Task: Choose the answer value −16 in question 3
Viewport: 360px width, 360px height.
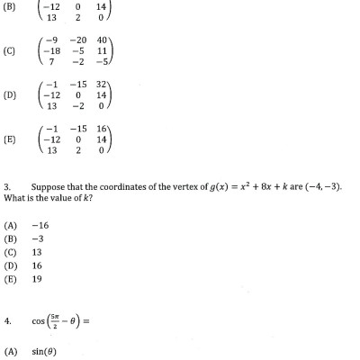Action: (40, 224)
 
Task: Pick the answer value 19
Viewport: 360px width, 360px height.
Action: (37, 279)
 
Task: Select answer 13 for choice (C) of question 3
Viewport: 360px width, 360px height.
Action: (37, 252)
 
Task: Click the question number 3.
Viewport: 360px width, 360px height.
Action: (7, 186)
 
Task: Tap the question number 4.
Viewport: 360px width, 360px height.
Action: (7, 319)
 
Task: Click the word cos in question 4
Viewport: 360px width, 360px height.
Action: (37, 320)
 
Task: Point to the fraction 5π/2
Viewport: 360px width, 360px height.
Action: (56, 319)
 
